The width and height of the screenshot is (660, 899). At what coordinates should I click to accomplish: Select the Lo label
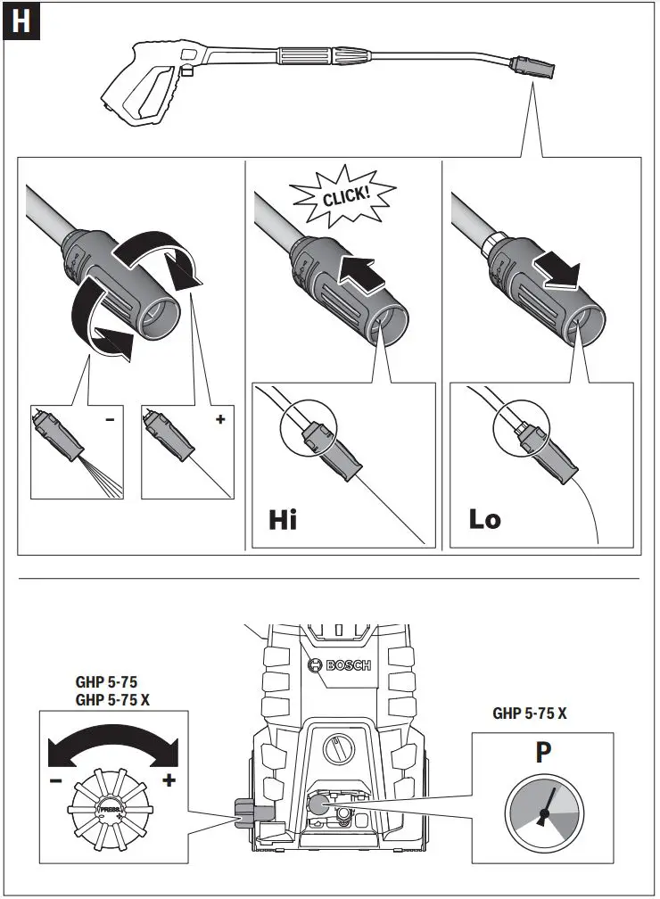click(x=485, y=518)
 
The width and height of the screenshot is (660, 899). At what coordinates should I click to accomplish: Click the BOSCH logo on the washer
click(x=338, y=665)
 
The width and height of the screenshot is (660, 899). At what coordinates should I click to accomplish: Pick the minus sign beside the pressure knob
click(x=56, y=780)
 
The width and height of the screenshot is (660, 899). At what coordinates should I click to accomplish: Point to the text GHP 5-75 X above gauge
click(x=530, y=713)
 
